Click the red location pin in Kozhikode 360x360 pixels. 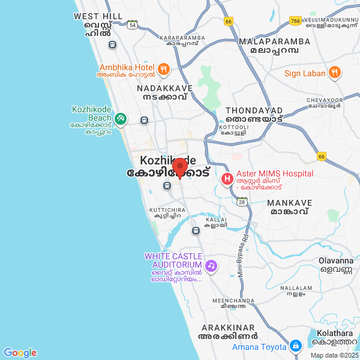click(x=180, y=167)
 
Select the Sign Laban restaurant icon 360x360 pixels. click(x=335, y=73)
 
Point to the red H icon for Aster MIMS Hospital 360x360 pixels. click(x=227, y=178)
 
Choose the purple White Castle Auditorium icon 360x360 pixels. click(x=211, y=265)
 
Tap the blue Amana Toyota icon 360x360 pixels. click(x=295, y=346)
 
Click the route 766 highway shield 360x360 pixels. click(x=295, y=21)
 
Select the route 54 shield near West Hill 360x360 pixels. click(x=132, y=25)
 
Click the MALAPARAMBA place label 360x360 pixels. click(x=274, y=41)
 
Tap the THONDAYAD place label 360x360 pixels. click(x=254, y=111)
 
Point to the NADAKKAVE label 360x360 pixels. click(x=165, y=88)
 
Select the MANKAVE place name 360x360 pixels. click(x=290, y=203)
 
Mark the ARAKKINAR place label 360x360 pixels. click(x=229, y=328)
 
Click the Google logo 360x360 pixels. click(x=20, y=353)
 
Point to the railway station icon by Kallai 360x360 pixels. click(x=196, y=230)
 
